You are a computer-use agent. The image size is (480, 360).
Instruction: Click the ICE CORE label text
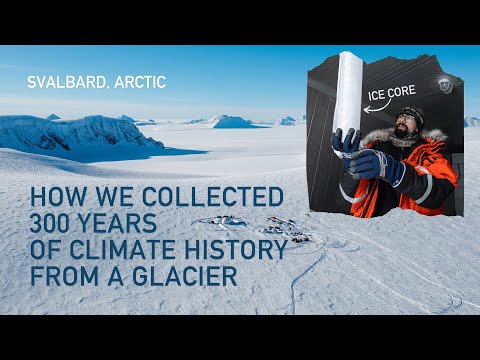[391, 98]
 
